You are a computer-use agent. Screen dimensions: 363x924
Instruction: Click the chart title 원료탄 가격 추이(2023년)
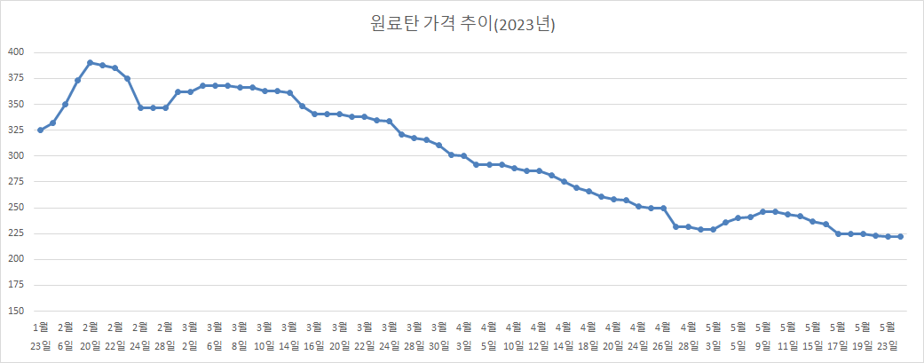click(x=462, y=24)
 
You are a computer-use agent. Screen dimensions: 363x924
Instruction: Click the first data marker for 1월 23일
click(x=41, y=130)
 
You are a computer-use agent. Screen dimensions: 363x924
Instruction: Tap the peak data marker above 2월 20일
click(x=91, y=63)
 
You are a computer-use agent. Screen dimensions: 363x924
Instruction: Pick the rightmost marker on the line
click(x=900, y=236)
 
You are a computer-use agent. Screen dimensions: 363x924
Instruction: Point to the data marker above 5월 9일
click(x=762, y=211)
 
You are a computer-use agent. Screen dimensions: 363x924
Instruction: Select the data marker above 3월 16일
click(x=315, y=114)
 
